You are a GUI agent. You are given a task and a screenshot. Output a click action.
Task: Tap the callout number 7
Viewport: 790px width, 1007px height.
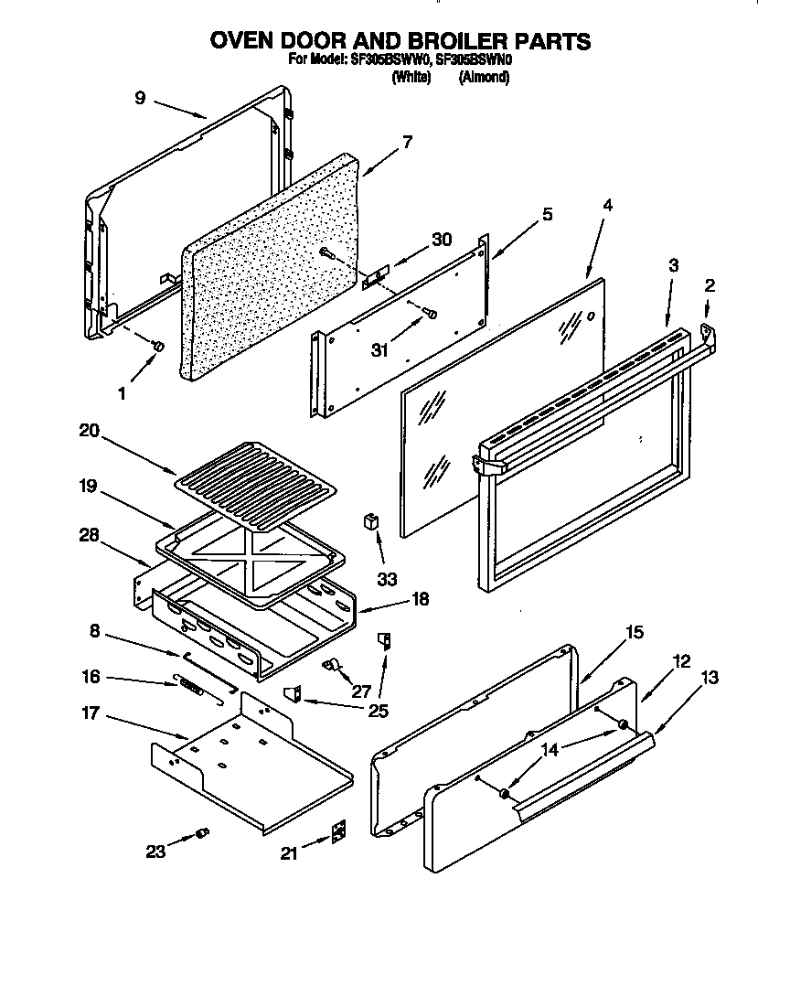tap(407, 142)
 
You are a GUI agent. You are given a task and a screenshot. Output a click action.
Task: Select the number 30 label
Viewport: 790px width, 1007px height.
tap(442, 240)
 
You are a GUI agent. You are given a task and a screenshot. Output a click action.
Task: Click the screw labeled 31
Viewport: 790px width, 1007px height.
tap(432, 315)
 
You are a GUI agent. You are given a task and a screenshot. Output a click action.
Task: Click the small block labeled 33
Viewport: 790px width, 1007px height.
tap(372, 522)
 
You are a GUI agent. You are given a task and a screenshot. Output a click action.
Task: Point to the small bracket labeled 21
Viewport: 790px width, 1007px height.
tap(338, 830)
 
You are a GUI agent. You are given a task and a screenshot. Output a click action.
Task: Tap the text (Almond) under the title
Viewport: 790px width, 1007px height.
tap(484, 79)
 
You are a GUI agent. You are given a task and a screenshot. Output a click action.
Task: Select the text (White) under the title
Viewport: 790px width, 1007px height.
tap(411, 79)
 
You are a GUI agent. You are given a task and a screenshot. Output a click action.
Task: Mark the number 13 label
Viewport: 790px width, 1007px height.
tap(709, 678)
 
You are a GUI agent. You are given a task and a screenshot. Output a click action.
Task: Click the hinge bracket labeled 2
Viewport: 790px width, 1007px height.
tap(707, 330)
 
